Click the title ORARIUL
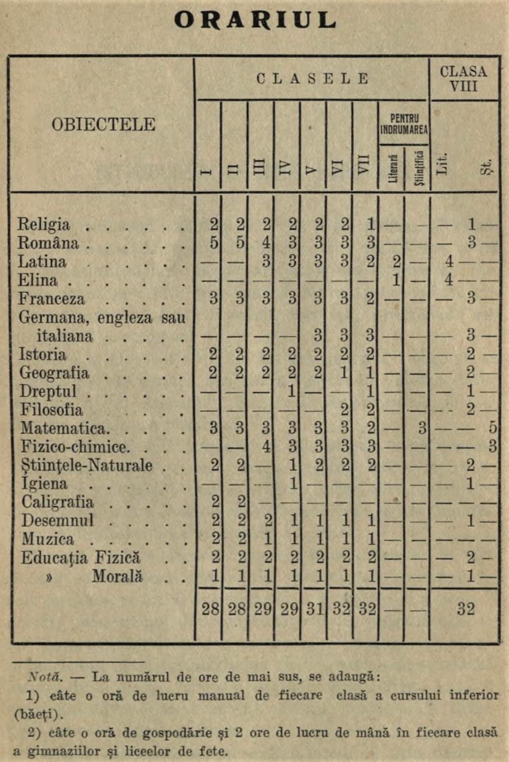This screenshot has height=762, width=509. click(255, 20)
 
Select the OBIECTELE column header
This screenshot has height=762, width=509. click(103, 125)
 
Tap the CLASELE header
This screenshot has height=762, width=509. click(312, 79)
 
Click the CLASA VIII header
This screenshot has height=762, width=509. click(464, 78)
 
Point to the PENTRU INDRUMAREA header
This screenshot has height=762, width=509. click(404, 124)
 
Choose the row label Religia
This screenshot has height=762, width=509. click(43, 224)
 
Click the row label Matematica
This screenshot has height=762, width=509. click(64, 428)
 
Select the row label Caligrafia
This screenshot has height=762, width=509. click(57, 502)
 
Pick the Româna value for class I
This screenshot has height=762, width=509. click(214, 243)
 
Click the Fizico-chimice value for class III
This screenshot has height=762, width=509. click(266, 446)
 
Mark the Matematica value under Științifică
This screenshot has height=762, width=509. click(422, 428)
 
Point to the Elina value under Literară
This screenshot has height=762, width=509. click(396, 280)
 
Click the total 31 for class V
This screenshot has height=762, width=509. click(315, 609)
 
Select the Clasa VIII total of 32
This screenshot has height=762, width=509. click(465, 609)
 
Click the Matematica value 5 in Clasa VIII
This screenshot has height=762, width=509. click(492, 428)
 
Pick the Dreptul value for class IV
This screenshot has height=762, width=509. click(291, 391)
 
